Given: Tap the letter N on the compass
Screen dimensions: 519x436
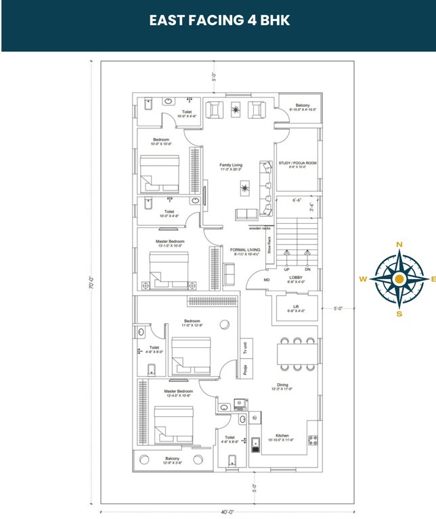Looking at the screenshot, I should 399,245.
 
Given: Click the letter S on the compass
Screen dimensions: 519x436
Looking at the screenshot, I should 399,314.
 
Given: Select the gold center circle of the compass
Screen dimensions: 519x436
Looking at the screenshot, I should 399,279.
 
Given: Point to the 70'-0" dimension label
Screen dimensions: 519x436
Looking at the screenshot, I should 91,284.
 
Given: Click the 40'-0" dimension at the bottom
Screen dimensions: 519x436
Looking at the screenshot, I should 227,512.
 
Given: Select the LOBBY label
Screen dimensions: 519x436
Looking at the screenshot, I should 296,278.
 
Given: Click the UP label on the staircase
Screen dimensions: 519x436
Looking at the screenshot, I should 286,270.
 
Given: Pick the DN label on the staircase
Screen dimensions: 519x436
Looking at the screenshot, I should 308,270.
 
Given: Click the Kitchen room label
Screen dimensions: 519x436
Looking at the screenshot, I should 282,435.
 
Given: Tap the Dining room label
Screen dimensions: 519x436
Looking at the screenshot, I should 282,385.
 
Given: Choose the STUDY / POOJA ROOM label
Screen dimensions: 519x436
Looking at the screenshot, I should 297,164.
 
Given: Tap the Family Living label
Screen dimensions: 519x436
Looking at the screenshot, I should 231,165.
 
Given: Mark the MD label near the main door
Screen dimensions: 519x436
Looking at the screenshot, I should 266,279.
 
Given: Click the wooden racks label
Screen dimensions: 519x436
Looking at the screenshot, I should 260,228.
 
